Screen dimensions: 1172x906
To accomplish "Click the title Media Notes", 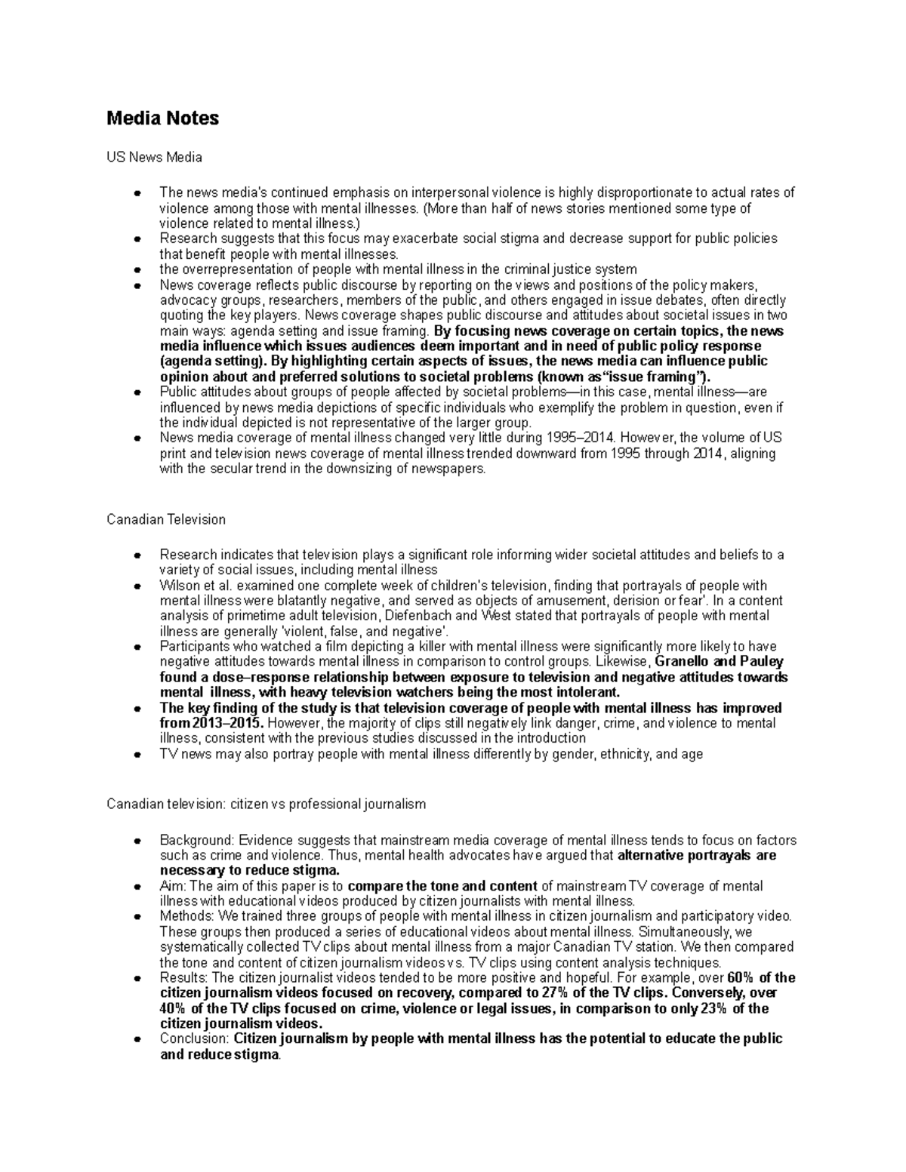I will (162, 118).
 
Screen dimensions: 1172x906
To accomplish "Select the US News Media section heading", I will (154, 158).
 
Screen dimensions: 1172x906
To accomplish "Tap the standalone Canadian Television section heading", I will (165, 519).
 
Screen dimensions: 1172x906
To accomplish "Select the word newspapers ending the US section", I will (451, 469).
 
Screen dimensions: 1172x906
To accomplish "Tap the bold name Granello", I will (681, 662).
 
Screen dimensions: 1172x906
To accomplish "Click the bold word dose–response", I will (248, 677).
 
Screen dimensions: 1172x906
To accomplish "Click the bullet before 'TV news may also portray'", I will (137, 754).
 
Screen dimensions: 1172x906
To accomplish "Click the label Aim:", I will (173, 886).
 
